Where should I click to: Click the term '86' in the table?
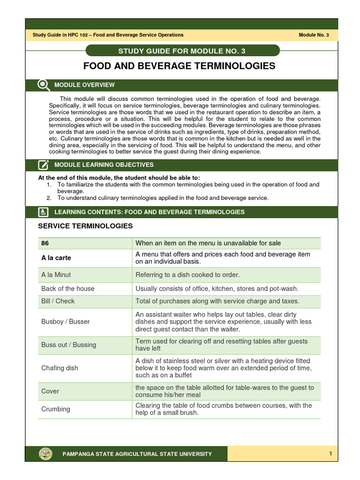coord(45,243)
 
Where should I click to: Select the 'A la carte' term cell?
coord(56,258)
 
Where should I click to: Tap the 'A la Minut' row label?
coord(56,275)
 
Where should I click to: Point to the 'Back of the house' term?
coord(67,289)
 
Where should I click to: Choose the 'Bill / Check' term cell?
coord(58,301)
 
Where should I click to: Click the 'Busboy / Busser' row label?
coord(65,322)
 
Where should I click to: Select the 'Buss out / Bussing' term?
coord(68,345)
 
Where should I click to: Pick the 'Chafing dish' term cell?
coord(60,368)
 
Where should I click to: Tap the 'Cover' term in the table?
coord(50,391)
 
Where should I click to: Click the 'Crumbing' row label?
coord(55,409)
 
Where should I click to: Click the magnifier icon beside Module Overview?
coord(43,85)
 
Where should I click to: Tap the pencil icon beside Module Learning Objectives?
coord(43,165)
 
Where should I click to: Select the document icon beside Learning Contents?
coord(43,212)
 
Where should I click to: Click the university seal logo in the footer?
coord(45,454)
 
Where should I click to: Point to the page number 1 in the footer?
coord(330,454)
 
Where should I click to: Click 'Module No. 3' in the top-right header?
coord(314,35)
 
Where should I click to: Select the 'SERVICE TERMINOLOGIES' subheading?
coord(85,226)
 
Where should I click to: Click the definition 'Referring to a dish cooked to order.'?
coord(187,275)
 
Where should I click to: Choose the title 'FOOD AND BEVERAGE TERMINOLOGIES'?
coord(180,66)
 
